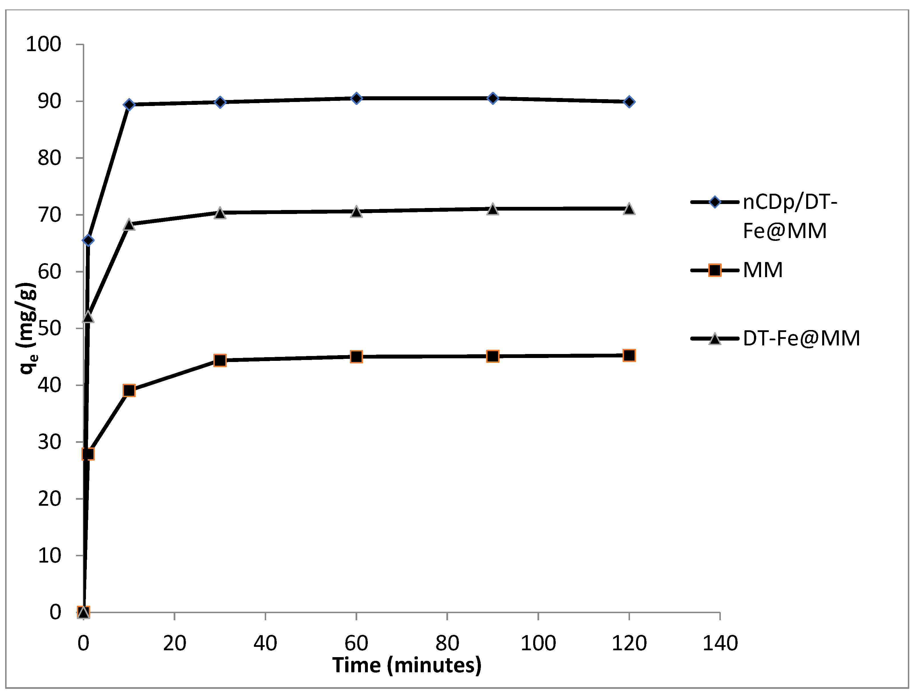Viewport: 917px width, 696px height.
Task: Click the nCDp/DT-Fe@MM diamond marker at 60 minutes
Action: (x=356, y=98)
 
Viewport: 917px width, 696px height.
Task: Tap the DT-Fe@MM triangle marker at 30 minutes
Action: (x=220, y=213)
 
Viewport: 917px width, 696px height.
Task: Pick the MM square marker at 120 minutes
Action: (x=629, y=355)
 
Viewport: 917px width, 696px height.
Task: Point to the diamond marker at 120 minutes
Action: (x=629, y=102)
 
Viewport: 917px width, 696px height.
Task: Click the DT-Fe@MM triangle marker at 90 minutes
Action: (x=493, y=209)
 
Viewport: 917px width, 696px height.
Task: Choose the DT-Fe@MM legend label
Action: (x=801, y=339)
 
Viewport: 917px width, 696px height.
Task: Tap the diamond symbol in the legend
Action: (x=715, y=202)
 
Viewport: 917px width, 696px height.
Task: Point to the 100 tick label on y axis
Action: (x=43, y=44)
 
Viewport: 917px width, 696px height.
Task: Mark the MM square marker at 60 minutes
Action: (x=356, y=357)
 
